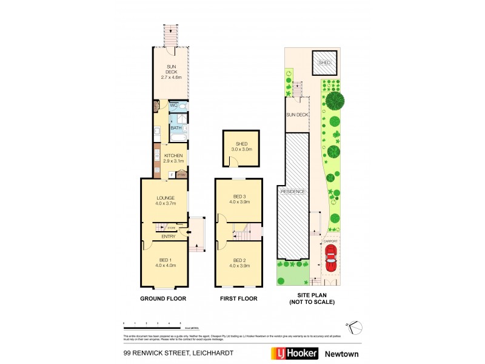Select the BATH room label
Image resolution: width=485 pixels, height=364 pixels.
(x=176, y=128)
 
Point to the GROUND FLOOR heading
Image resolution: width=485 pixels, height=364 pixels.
(x=164, y=298)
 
